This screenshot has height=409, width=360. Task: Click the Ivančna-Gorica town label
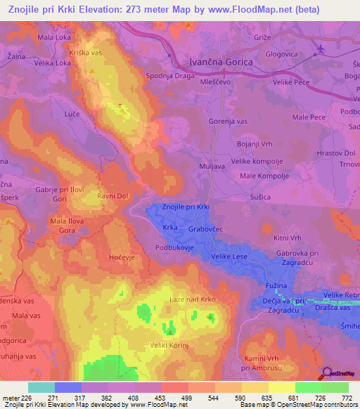pyautogui.click(x=221, y=62)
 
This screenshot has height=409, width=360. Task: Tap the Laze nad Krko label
pyautogui.click(x=193, y=299)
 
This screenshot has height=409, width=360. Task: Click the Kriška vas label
pyautogui.click(x=86, y=54)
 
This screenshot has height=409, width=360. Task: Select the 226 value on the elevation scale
pyautogui.click(x=27, y=398)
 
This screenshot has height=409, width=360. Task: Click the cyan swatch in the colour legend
pyautogui.click(x=41, y=387)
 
